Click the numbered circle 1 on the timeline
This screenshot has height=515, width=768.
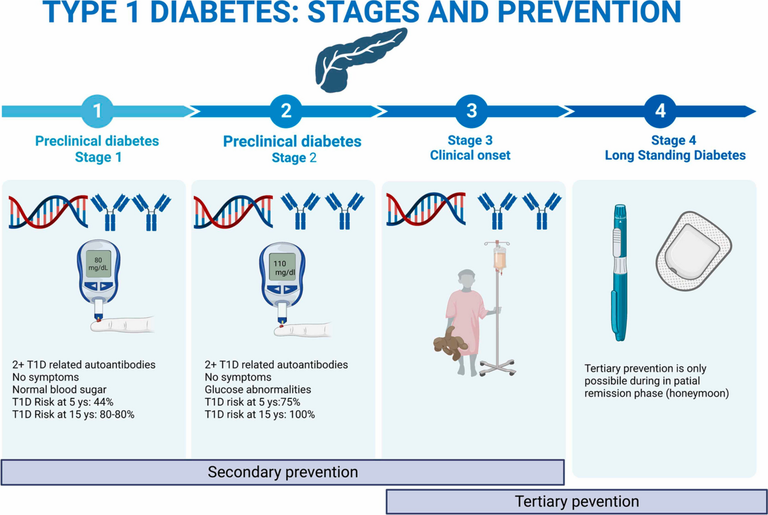pos(97,111)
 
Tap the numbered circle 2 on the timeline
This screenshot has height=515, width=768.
pos(286,111)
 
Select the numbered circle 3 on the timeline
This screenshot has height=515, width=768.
pos(472,111)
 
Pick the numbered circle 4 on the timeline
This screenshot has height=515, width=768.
pos(660,111)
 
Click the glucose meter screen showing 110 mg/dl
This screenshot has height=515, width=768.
pos(282,267)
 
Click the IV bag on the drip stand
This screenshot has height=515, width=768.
pos(500,258)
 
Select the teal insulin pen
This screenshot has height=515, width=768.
pos(620,273)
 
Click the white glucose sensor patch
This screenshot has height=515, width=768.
pos(693,251)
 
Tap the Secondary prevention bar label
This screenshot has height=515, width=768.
pos(283,472)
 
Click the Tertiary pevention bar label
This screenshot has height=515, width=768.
pos(577,502)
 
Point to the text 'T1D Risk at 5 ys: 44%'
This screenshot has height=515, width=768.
pos(63,402)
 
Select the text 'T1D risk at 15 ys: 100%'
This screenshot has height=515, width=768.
pos(260,415)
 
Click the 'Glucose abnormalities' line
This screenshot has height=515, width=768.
pos(258,390)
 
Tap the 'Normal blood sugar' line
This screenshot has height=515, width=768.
pos(60,390)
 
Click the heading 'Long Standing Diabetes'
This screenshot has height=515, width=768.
pos(675,155)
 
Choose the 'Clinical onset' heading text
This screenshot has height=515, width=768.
pos(470,155)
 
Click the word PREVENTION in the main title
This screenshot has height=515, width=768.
pos(589,12)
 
